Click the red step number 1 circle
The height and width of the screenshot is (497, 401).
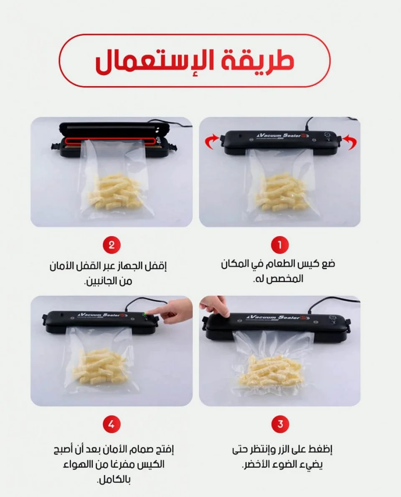280,245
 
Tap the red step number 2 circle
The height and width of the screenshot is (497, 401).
112,245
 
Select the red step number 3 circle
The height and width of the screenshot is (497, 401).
280,424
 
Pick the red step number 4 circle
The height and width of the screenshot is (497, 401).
112,424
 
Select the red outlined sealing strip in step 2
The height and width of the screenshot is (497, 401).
110,140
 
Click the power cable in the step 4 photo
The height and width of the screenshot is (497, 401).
152,301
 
